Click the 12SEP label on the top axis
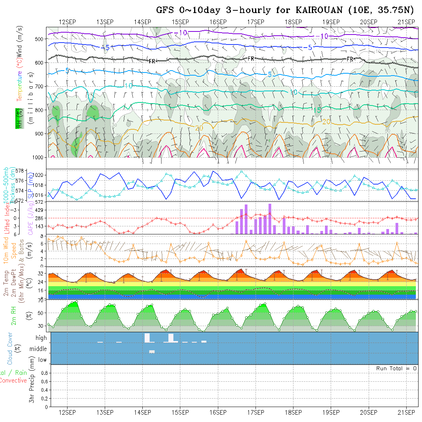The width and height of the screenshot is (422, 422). click(x=67, y=22)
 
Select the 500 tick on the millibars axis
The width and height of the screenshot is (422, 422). click(x=39, y=39)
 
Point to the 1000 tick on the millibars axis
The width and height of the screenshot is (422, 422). click(x=38, y=157)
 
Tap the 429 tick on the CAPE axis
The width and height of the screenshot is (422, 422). click(x=41, y=210)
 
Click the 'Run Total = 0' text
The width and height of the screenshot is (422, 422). click(x=396, y=368)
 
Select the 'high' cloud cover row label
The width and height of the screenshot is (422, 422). click(x=41, y=338)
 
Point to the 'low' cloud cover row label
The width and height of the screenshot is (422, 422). click(x=42, y=360)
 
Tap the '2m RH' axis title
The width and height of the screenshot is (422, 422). click(x=14, y=316)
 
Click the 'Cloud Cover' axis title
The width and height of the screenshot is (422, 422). click(x=10, y=348)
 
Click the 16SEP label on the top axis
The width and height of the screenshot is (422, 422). click(x=218, y=22)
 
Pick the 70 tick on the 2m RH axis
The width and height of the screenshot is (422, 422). click(x=40, y=300)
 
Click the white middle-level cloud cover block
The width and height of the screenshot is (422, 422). click(x=152, y=351)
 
